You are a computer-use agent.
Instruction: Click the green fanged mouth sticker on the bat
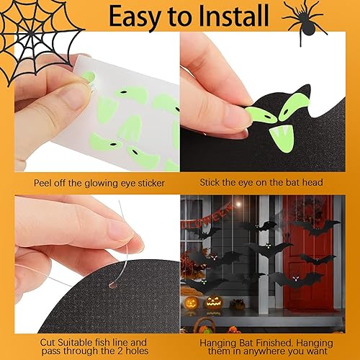(282, 139)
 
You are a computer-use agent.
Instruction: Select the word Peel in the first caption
(42, 183)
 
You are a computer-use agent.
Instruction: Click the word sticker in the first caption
(151, 184)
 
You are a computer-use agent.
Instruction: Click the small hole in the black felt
(112, 285)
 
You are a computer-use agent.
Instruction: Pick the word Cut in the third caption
(48, 342)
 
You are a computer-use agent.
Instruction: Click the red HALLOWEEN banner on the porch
(207, 217)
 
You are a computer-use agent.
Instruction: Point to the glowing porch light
(238, 204)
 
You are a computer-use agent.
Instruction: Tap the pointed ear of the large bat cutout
(305, 91)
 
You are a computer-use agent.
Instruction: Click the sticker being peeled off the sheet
(89, 78)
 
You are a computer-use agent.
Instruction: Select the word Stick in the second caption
(210, 182)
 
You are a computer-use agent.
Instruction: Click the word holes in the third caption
(137, 351)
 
